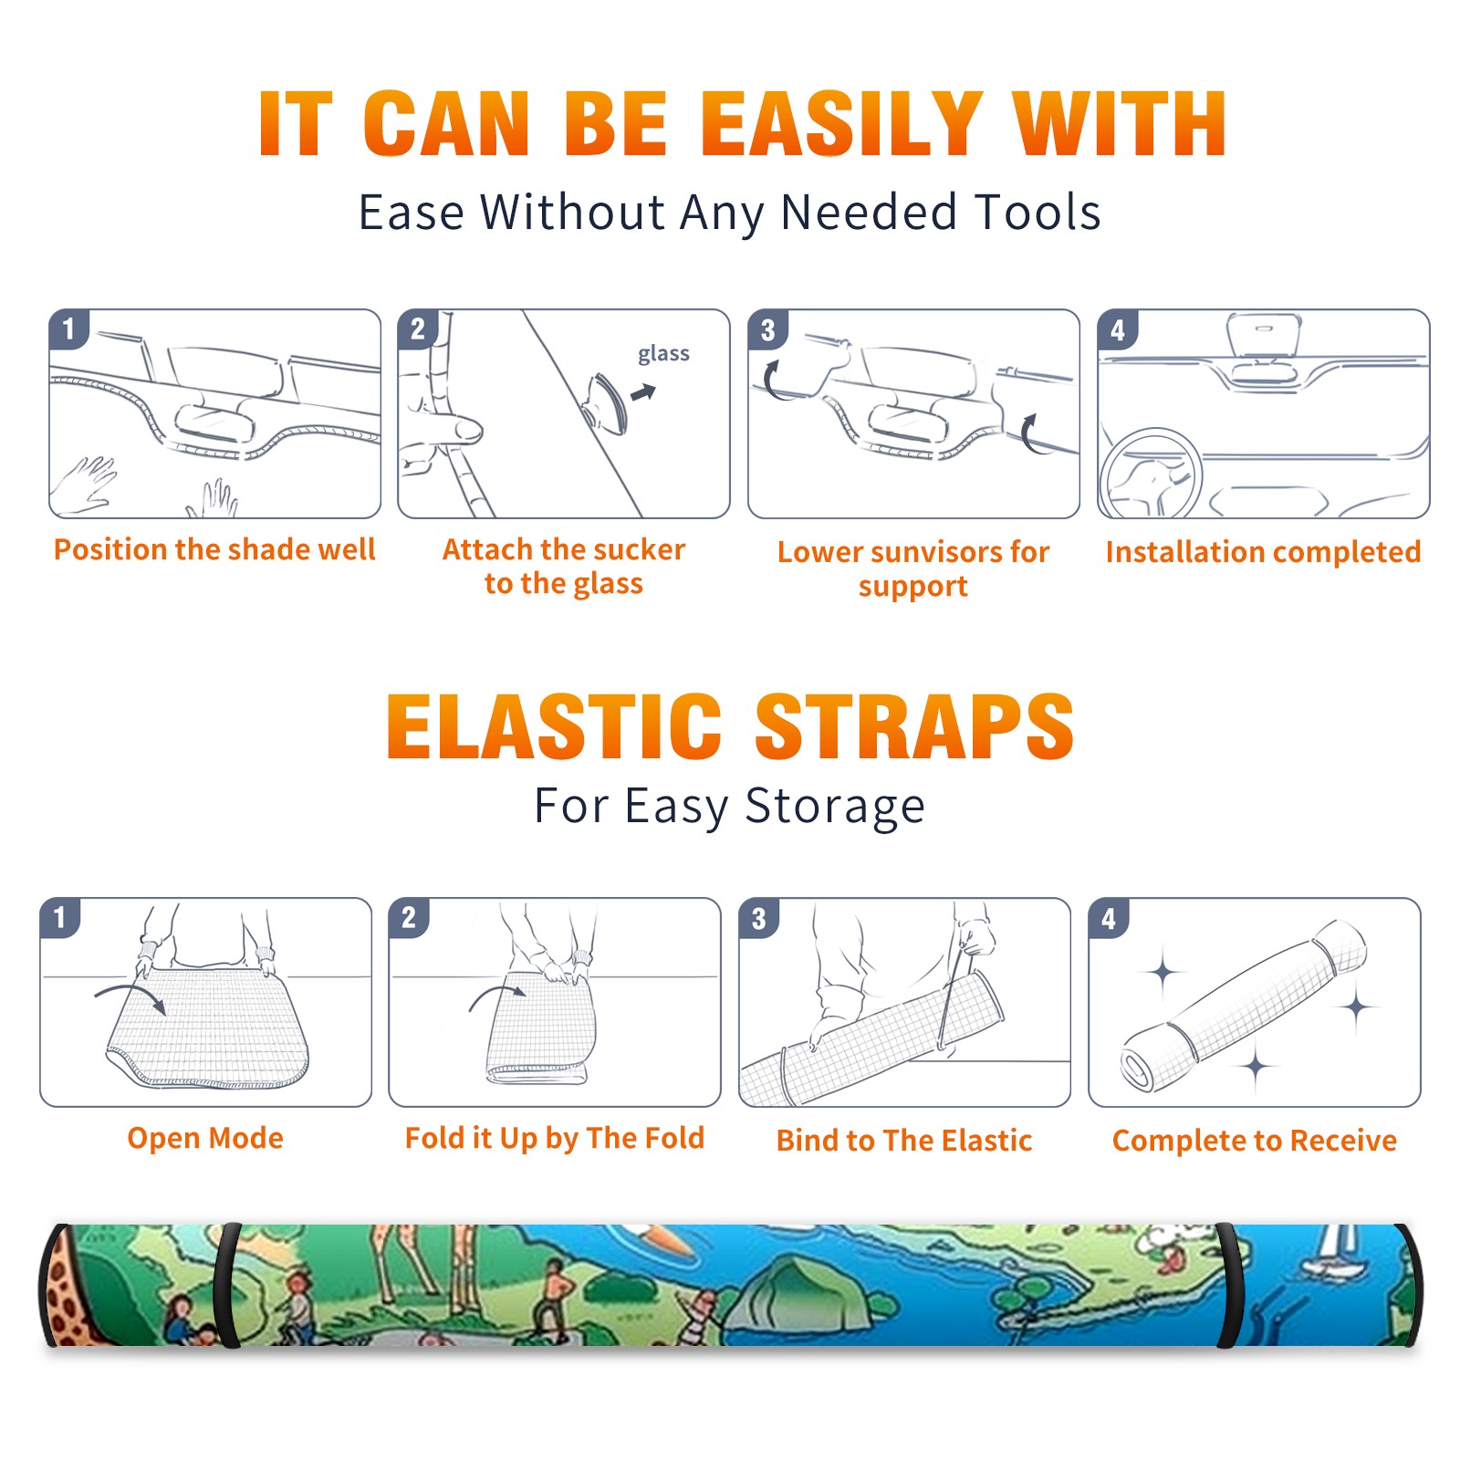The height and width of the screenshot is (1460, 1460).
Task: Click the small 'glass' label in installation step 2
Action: coord(663,354)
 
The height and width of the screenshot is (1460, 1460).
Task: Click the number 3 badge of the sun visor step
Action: coord(768,329)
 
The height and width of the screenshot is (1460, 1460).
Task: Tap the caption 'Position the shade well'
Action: coord(214,549)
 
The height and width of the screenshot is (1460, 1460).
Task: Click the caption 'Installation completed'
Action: coord(1263,552)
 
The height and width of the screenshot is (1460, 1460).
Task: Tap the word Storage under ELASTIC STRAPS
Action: coord(835,807)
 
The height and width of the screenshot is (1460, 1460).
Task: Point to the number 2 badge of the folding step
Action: coord(409,917)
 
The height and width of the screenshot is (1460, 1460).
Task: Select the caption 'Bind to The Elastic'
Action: coord(904,1141)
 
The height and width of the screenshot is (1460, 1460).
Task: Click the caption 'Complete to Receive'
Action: coord(1255,1141)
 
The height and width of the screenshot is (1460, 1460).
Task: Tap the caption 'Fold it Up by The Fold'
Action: coord(555,1139)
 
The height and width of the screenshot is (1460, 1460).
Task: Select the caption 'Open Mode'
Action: coord(205,1139)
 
